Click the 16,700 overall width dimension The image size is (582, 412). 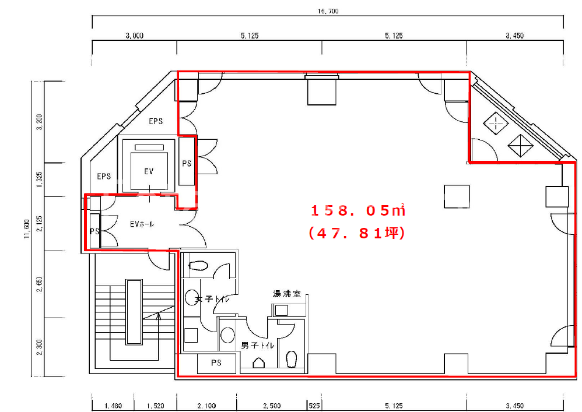[328, 11]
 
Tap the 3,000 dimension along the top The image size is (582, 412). [134, 36]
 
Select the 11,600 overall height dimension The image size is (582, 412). [27, 229]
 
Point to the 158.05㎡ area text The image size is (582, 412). [357, 210]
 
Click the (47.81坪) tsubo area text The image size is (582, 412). [357, 233]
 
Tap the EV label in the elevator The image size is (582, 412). [149, 171]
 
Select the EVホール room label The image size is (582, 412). [142, 224]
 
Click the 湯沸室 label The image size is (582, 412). [286, 294]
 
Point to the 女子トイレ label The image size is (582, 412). [212, 299]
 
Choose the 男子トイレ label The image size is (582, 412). [258, 345]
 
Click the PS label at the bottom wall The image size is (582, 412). [216, 362]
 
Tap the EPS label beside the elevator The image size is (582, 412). [104, 176]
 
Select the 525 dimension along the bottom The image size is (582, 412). [314, 406]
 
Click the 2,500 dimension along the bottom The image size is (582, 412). [272, 406]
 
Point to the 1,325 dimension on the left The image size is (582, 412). [40, 179]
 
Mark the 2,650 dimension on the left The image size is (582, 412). [40, 284]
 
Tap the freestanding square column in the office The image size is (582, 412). [457, 196]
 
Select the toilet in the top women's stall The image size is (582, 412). [198, 266]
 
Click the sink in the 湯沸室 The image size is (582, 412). [281, 310]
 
